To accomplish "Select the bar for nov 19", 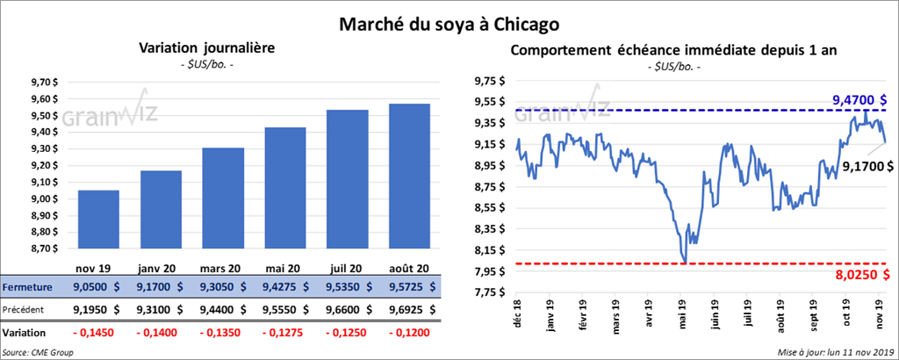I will [98, 220].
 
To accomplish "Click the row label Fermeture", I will [28, 286].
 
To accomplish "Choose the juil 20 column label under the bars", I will [348, 268].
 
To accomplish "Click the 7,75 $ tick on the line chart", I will [487, 292].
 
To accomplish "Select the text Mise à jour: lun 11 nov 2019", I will [835, 352].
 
